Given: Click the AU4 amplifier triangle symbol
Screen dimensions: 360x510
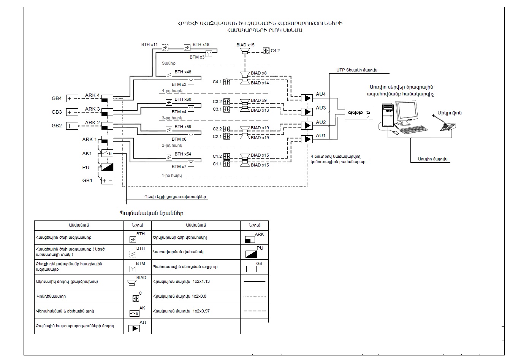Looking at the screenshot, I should (307, 98).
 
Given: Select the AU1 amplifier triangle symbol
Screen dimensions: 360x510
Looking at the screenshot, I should (307, 139).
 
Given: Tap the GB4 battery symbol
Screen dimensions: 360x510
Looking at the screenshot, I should (72, 99).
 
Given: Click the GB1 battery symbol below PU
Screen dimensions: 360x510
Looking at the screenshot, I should (107, 181).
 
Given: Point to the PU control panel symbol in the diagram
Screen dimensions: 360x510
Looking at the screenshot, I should (107, 167).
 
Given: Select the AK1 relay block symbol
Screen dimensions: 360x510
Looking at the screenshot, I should (107, 153).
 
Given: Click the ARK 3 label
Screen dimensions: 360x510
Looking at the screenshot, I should (92, 109).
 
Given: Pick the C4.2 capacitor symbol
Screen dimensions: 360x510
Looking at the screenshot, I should (266, 51).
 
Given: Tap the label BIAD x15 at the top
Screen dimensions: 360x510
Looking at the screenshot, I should (245, 45).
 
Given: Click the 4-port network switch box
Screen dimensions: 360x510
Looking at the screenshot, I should (359, 113).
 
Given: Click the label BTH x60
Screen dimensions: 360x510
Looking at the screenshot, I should (183, 100).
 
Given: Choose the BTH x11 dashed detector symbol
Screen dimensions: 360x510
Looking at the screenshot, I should (165, 48).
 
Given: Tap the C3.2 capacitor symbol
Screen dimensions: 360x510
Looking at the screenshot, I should (226, 101).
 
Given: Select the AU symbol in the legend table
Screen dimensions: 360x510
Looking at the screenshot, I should (134, 328).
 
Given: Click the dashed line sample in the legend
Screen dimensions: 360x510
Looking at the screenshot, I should (254, 311).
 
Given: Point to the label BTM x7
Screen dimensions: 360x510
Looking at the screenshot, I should (179, 167).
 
